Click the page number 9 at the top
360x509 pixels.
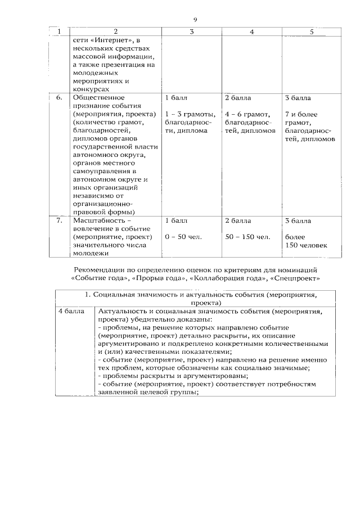(195, 20)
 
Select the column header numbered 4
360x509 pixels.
(251, 31)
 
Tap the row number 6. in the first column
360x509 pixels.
(59, 97)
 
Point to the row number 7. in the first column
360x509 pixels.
(59, 221)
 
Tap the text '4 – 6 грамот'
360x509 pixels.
(248, 114)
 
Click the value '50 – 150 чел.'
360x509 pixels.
(247, 237)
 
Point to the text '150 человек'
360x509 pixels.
(306, 245)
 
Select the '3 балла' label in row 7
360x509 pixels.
(298, 221)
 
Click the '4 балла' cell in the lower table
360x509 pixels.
(71, 311)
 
